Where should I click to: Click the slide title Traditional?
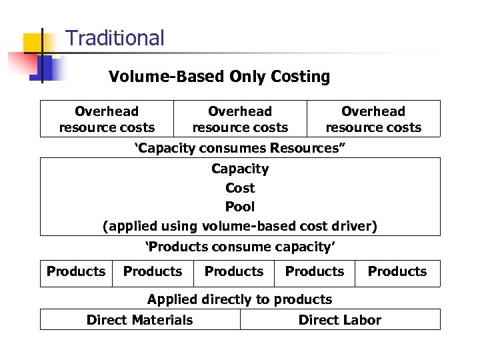tap(115, 38)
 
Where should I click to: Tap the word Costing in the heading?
tap(300, 77)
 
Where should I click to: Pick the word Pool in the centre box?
tap(240, 207)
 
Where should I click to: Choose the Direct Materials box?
tap(140, 320)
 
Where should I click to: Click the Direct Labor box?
tap(340, 320)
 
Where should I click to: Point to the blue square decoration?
tap(43, 69)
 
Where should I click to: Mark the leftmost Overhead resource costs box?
tap(107, 119)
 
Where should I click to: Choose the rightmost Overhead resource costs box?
tap(373, 119)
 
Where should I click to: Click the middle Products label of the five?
tap(234, 271)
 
